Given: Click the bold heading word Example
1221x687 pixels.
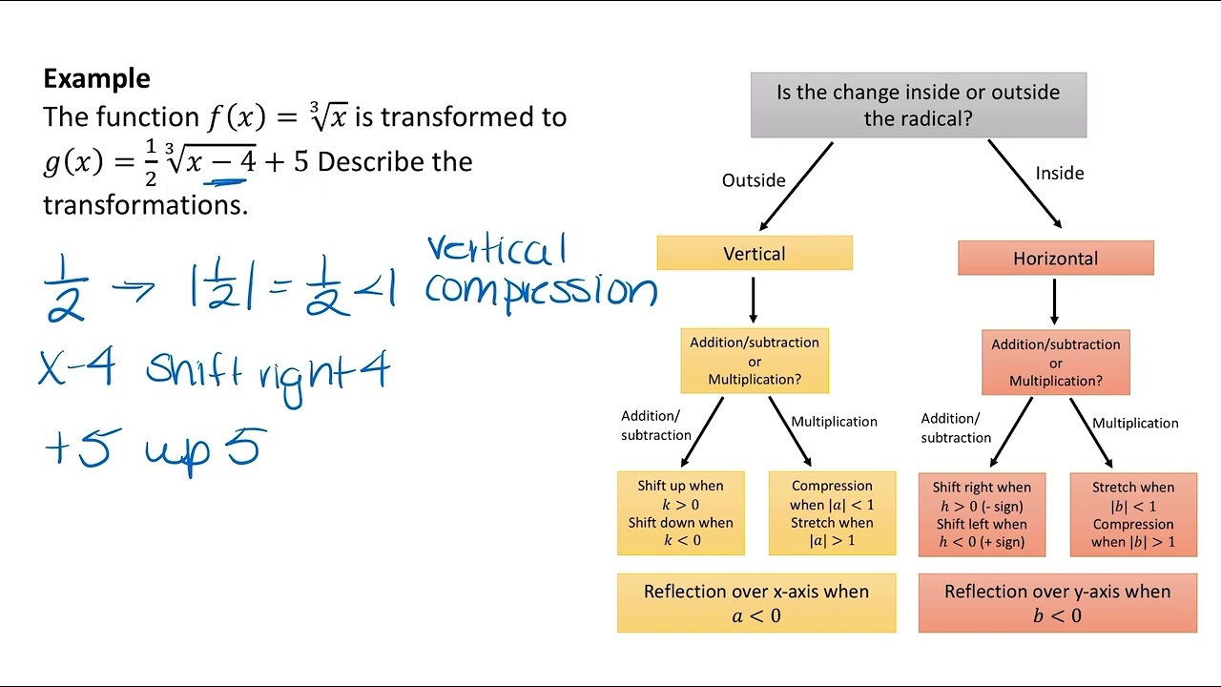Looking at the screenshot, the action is click(x=96, y=78).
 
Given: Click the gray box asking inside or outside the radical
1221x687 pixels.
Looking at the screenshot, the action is click(x=918, y=105).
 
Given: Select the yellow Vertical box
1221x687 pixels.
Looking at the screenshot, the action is click(x=754, y=254).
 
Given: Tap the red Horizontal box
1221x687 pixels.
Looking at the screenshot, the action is click(x=1055, y=259).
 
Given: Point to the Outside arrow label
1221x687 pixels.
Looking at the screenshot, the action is click(x=754, y=180).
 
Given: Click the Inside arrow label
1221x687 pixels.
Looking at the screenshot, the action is click(x=1059, y=173).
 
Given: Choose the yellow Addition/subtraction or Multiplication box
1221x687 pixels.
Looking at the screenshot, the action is click(x=754, y=361).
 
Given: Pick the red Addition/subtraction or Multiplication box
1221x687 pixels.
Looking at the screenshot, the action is click(x=1055, y=363).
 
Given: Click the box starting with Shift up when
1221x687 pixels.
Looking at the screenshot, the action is click(x=680, y=513).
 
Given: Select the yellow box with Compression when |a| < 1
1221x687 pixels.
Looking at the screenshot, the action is click(x=832, y=513).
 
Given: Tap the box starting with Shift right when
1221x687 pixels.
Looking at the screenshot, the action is click(x=982, y=514).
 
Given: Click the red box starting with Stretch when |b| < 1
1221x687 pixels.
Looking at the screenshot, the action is click(x=1133, y=514).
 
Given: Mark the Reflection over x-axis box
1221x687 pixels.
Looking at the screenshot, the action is click(x=755, y=603).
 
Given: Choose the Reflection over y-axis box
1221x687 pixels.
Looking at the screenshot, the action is click(x=1057, y=603).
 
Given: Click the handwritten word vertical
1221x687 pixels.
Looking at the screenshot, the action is click(x=496, y=250).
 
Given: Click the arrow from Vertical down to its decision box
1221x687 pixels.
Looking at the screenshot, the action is click(x=754, y=300).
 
